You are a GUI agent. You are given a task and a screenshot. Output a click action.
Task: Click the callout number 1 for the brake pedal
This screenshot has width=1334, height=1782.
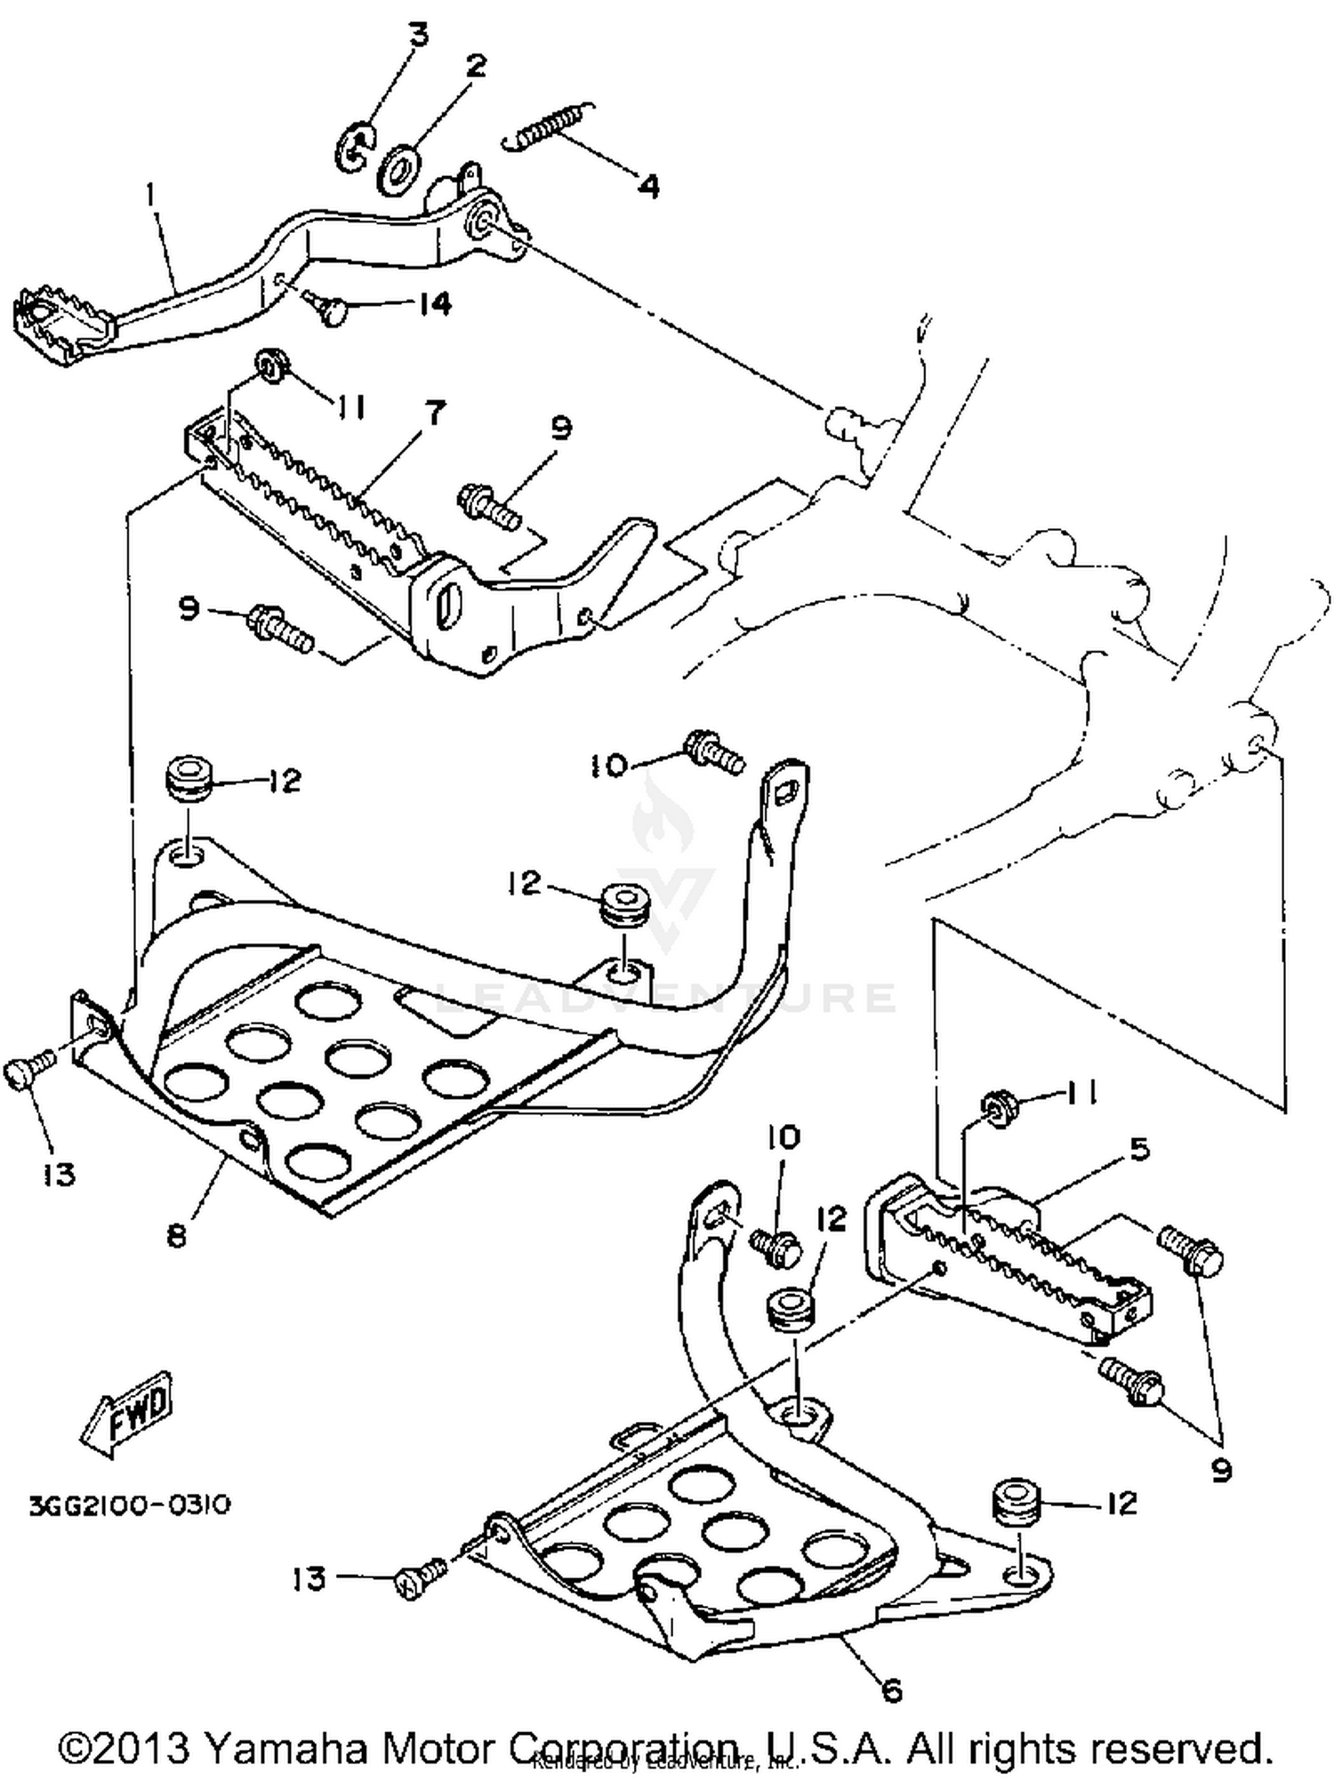151,194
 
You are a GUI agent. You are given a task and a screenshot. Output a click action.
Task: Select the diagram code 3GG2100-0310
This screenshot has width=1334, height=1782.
129,1505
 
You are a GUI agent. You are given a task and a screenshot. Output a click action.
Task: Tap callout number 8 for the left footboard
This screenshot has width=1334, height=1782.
177,1235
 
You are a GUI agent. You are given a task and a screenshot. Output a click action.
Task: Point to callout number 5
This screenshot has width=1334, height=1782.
1140,1149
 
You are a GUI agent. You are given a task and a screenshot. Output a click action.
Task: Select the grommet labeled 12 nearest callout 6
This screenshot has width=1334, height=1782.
1017,1502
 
